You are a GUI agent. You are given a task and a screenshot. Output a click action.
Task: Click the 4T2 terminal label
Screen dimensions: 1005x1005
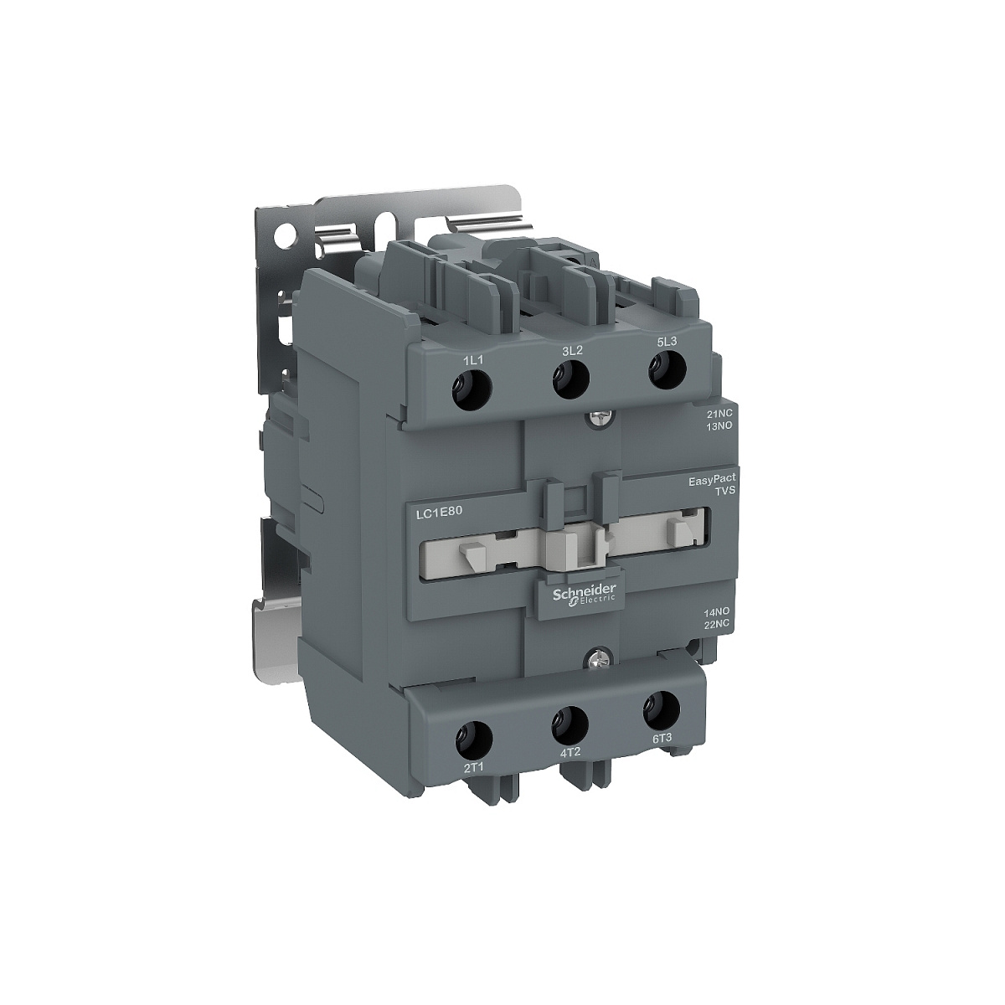coord(569,753)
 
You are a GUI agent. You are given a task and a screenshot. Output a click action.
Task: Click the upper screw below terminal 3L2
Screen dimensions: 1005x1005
coord(596,413)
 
